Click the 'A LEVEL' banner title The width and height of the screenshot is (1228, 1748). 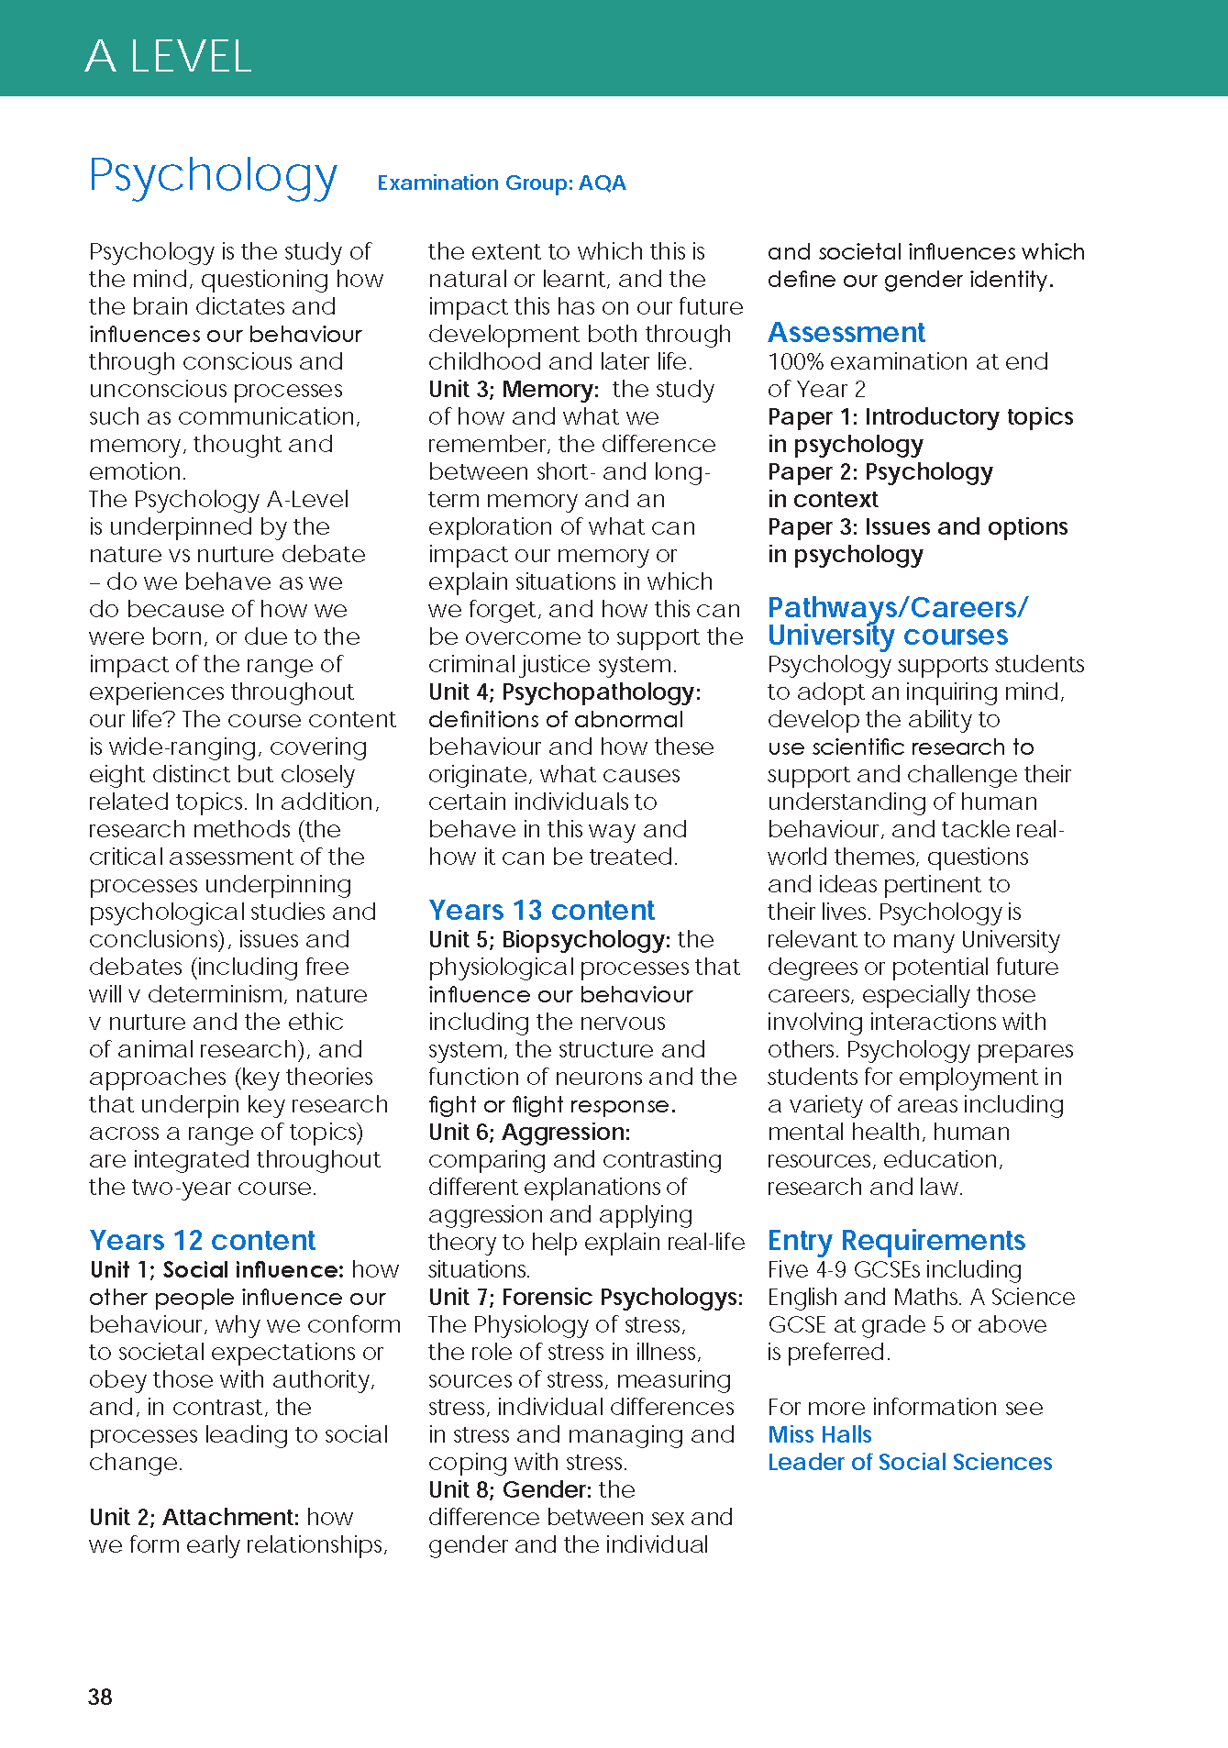coord(168,57)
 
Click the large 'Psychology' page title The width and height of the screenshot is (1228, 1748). coord(213,175)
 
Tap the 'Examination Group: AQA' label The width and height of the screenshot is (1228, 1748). coord(501,183)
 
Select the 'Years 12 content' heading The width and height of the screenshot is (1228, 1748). coord(202,1240)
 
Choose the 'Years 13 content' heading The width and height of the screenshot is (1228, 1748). coord(541,910)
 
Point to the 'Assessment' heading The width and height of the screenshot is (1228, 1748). coord(846,332)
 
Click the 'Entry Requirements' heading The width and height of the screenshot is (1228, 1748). coord(896,1240)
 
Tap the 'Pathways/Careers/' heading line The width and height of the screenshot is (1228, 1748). coord(897,607)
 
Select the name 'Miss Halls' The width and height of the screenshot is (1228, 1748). coord(819,1434)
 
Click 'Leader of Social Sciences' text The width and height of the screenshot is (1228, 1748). coord(909,1462)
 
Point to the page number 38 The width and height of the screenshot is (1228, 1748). coord(100,1697)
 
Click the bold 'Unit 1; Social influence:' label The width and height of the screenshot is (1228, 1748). coord(216,1269)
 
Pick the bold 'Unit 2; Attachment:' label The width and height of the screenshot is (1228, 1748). coord(194,1517)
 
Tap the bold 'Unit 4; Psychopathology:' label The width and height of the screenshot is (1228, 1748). coord(564,691)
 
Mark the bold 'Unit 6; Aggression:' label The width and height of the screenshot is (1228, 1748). coord(529,1132)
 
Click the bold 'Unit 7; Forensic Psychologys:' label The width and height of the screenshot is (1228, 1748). coord(585,1297)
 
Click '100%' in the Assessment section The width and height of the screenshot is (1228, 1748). coord(794,361)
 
